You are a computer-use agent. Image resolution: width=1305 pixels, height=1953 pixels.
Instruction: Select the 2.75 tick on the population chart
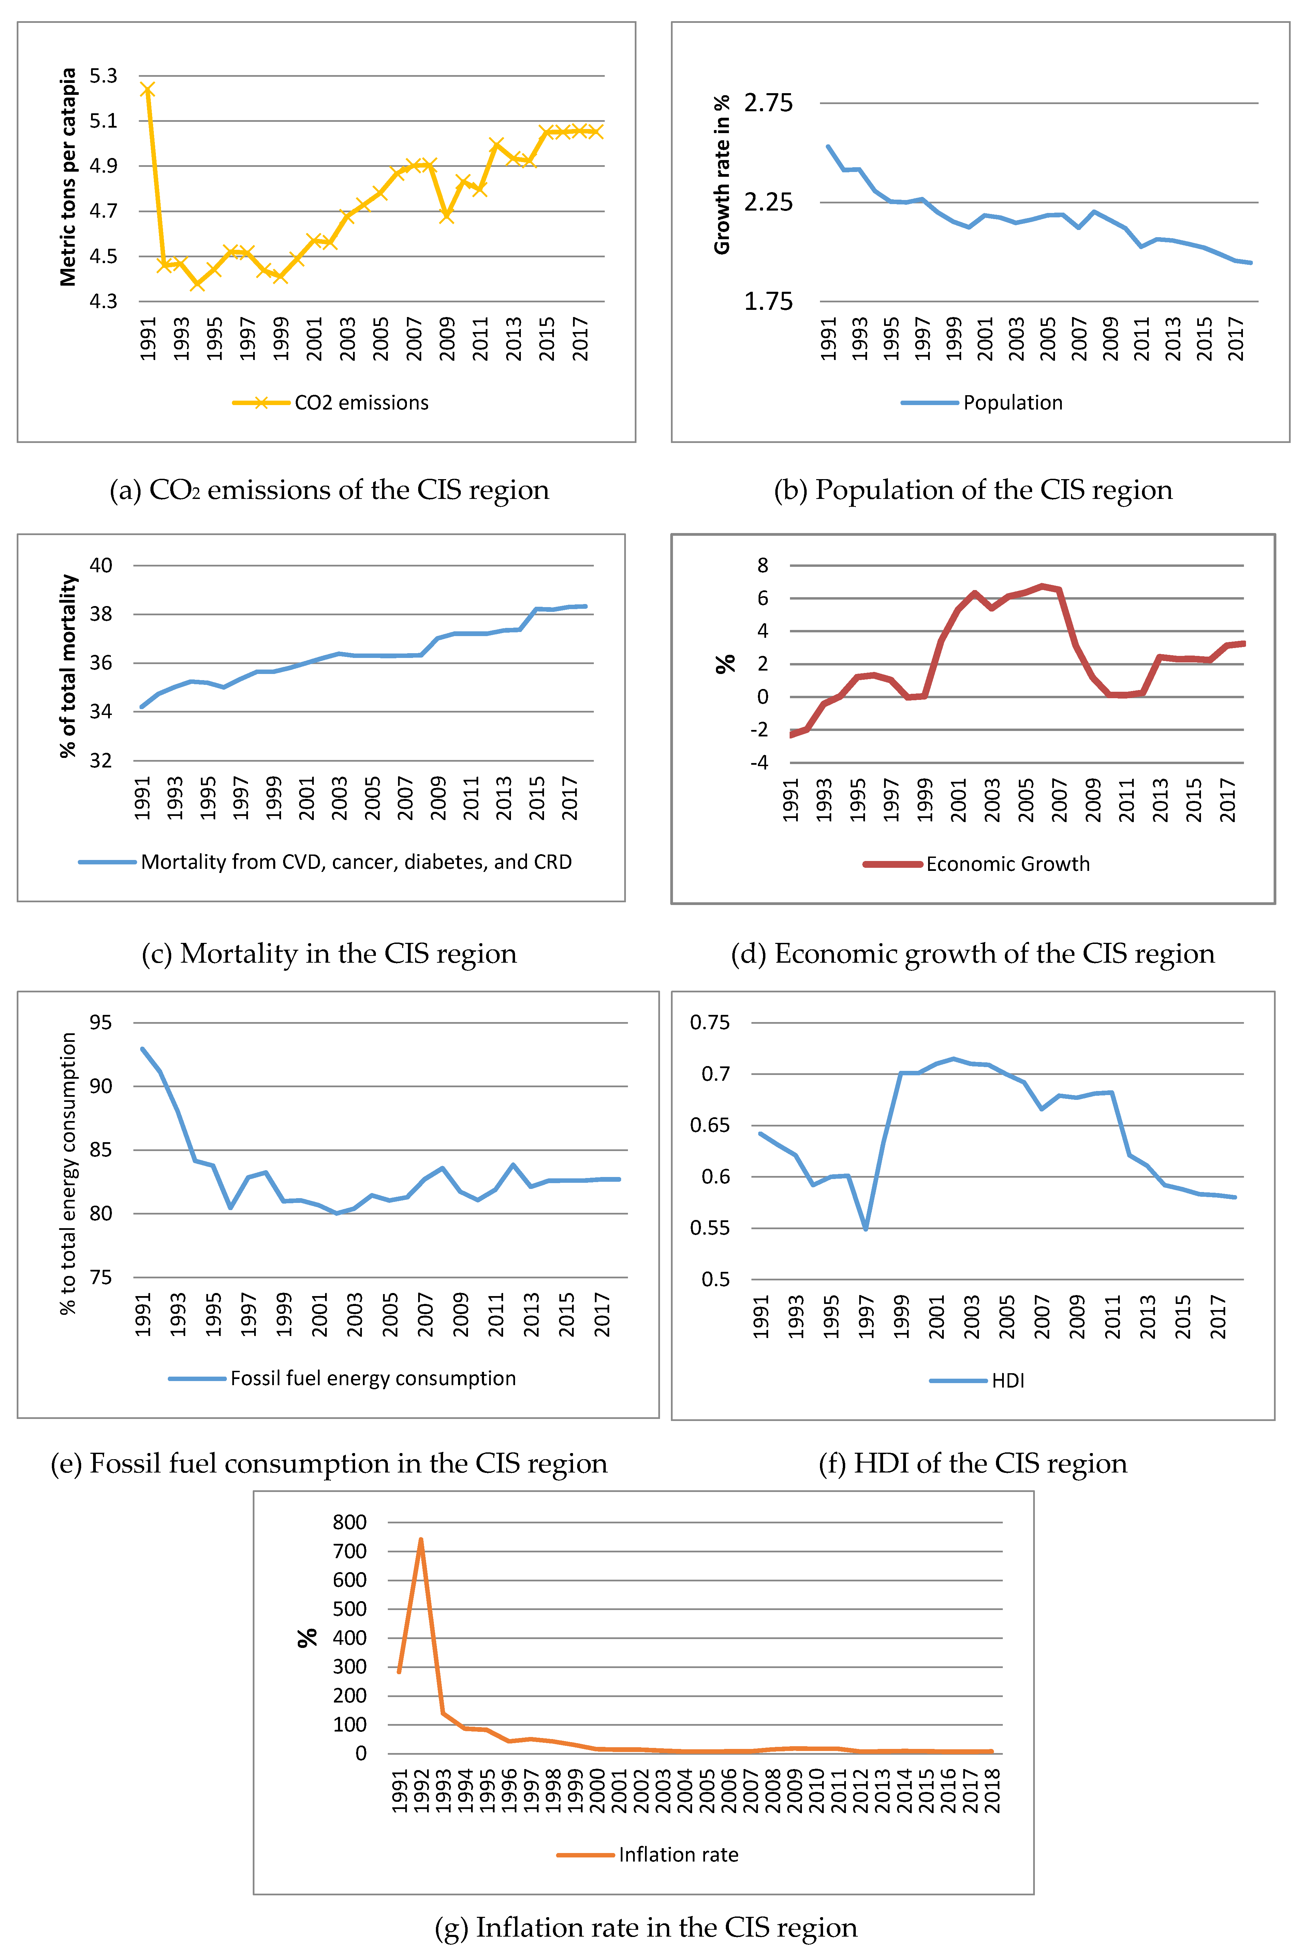click(x=768, y=103)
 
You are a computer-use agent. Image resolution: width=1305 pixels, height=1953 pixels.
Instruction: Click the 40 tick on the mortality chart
click(x=101, y=565)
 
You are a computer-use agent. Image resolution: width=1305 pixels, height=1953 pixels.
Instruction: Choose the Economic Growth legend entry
click(x=1007, y=864)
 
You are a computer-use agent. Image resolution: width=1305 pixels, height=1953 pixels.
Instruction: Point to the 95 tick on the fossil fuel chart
click(x=101, y=1022)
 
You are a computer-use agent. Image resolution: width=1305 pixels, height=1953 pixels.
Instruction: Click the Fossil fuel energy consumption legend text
click(x=373, y=1379)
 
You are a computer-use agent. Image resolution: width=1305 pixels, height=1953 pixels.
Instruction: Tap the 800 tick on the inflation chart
click(x=350, y=1523)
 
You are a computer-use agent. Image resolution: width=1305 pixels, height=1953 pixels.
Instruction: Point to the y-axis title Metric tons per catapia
click(x=68, y=177)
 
